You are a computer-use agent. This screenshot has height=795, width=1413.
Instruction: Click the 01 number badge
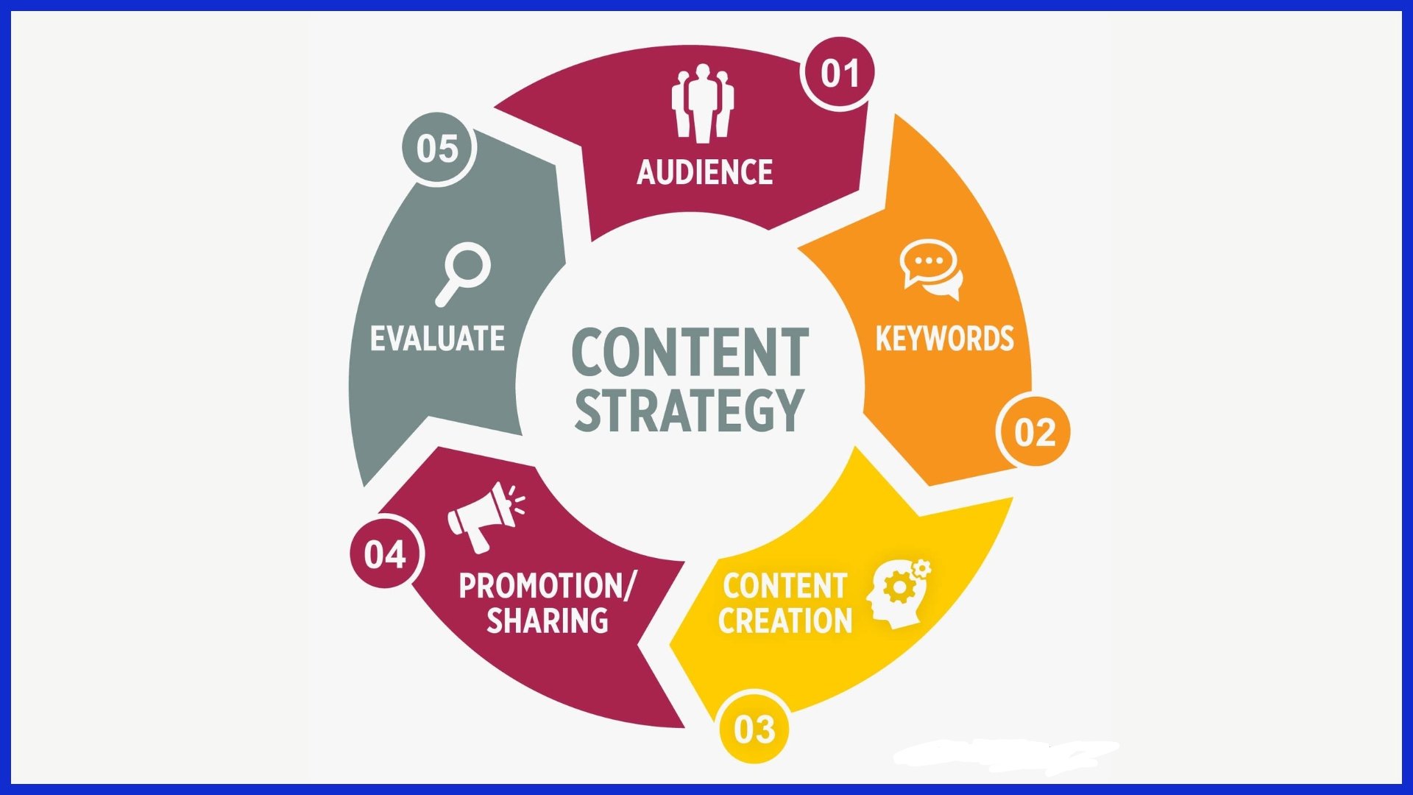pyautogui.click(x=839, y=73)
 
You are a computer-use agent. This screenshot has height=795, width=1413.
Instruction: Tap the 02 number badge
pyautogui.click(x=1034, y=432)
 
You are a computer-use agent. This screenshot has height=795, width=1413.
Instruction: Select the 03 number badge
pyautogui.click(x=754, y=729)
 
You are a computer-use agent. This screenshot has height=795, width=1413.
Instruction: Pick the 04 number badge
pyautogui.click(x=386, y=554)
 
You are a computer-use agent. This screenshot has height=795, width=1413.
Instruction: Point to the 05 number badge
pyautogui.click(x=438, y=148)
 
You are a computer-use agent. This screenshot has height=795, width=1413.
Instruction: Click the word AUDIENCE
pyautogui.click(x=704, y=172)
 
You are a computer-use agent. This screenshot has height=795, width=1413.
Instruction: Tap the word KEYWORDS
pyautogui.click(x=944, y=339)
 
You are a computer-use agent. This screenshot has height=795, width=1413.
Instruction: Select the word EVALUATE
pyautogui.click(x=437, y=339)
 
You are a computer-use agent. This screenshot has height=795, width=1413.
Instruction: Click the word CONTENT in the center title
pyautogui.click(x=690, y=354)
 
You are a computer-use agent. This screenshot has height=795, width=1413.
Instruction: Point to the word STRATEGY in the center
pyautogui.click(x=688, y=410)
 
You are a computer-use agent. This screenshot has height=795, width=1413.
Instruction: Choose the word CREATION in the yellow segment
pyautogui.click(x=785, y=621)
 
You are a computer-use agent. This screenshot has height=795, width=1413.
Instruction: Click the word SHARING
pyautogui.click(x=548, y=621)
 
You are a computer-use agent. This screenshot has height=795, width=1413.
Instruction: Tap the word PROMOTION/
pyautogui.click(x=546, y=586)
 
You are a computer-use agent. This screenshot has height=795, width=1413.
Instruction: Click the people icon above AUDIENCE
pyautogui.click(x=702, y=103)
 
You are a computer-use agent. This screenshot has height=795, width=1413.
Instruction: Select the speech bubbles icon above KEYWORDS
pyautogui.click(x=932, y=269)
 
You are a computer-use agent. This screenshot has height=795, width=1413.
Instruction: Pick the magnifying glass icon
pyautogui.click(x=463, y=273)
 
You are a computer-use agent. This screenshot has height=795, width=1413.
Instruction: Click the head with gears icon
pyautogui.click(x=898, y=593)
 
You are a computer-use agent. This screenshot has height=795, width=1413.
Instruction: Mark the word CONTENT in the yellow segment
pyautogui.click(x=785, y=586)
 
